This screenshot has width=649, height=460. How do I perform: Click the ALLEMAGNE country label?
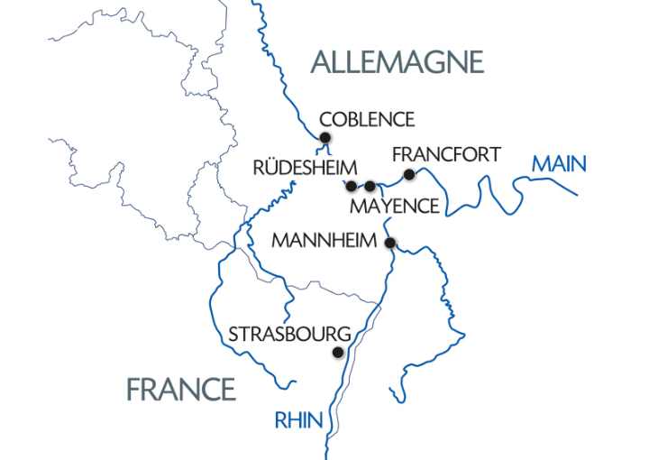[397, 61]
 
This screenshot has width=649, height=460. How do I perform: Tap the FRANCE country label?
[181, 389]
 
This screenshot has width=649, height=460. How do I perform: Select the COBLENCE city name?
[368, 119]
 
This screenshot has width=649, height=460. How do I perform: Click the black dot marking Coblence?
[326, 138]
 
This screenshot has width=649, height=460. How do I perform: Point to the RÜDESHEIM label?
[306, 167]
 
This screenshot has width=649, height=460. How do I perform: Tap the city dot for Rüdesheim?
[352, 186]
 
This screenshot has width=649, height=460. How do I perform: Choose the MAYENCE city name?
[394, 207]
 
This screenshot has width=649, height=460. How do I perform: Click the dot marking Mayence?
[370, 186]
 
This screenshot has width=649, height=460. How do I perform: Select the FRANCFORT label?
[446, 154]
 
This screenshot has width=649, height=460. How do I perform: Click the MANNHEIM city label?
[326, 243]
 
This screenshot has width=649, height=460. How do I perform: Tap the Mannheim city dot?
[390, 243]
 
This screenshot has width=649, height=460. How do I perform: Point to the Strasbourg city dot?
[338, 354]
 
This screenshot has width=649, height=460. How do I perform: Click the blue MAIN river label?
[559, 164]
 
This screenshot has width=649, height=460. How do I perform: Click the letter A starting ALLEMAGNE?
[319, 61]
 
